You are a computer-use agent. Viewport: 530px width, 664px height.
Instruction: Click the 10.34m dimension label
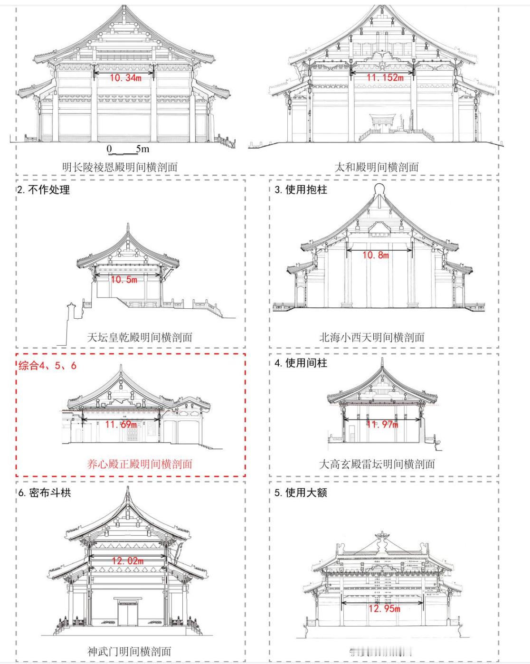125,78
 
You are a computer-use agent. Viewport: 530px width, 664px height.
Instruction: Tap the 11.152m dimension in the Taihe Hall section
385,77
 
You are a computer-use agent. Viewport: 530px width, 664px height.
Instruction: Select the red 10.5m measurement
124,280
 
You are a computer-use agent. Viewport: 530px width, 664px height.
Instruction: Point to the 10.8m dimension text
375,256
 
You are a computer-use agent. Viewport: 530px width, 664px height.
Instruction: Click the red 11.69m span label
121,424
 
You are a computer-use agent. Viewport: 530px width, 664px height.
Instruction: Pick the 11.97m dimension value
382,424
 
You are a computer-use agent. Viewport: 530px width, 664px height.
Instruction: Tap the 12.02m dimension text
128,561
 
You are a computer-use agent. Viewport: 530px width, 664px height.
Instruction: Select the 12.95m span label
384,608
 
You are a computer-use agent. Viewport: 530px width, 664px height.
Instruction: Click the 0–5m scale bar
128,150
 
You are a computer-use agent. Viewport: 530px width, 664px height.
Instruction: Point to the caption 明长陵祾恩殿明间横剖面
120,167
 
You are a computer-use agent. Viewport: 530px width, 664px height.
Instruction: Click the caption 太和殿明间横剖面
377,167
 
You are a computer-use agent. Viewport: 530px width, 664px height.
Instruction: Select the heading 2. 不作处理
44,190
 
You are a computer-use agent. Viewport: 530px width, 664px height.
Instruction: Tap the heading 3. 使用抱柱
301,190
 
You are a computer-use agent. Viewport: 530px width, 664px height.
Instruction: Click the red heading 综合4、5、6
47,365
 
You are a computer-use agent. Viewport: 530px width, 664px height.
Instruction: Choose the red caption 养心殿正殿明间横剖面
140,464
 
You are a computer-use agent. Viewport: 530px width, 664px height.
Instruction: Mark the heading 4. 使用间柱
301,363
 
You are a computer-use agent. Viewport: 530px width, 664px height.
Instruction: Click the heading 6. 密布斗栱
45,493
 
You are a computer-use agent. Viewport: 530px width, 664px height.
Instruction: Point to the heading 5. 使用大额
301,493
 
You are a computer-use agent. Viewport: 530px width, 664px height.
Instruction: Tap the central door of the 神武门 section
128,614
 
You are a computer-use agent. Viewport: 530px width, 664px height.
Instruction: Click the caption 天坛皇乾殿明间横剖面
140,337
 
